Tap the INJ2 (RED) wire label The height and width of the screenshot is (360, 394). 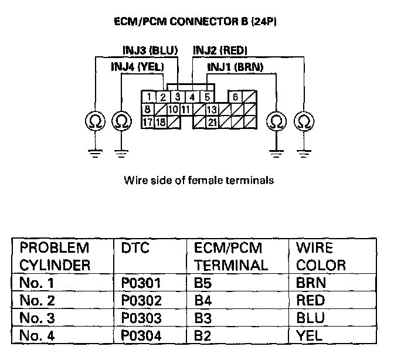click(220, 51)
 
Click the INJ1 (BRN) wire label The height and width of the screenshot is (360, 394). click(235, 67)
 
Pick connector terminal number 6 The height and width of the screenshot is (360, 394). click(235, 97)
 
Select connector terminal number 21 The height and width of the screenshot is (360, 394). click(212, 123)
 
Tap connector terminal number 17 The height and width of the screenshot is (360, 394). click(148, 123)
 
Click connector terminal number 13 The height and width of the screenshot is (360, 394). click(212, 110)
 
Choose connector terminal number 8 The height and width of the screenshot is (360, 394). click(148, 110)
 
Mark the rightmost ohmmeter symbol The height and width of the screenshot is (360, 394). click(304, 121)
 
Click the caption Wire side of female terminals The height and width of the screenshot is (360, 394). click(199, 181)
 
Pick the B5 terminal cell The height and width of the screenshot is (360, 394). click(203, 284)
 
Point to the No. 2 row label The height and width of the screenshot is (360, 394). click(36, 300)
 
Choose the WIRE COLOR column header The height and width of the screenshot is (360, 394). click(321, 256)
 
